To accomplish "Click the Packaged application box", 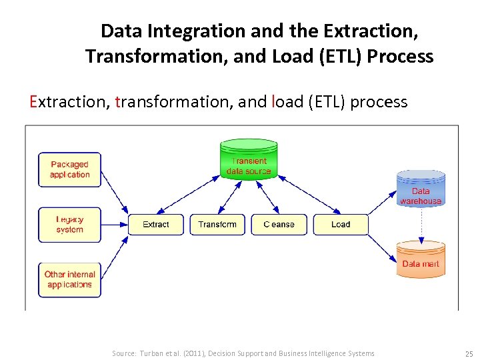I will click(x=69, y=169).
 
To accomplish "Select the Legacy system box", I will click(x=69, y=224).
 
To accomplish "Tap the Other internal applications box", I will click(x=69, y=279).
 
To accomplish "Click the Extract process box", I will click(x=155, y=225).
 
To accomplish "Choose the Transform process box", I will click(x=217, y=225).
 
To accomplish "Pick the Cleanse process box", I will click(x=279, y=225).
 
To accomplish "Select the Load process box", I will click(x=341, y=225).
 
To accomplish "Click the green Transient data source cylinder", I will click(x=249, y=160).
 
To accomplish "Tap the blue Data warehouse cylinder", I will click(x=421, y=189).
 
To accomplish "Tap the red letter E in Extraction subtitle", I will click(x=33, y=102).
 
